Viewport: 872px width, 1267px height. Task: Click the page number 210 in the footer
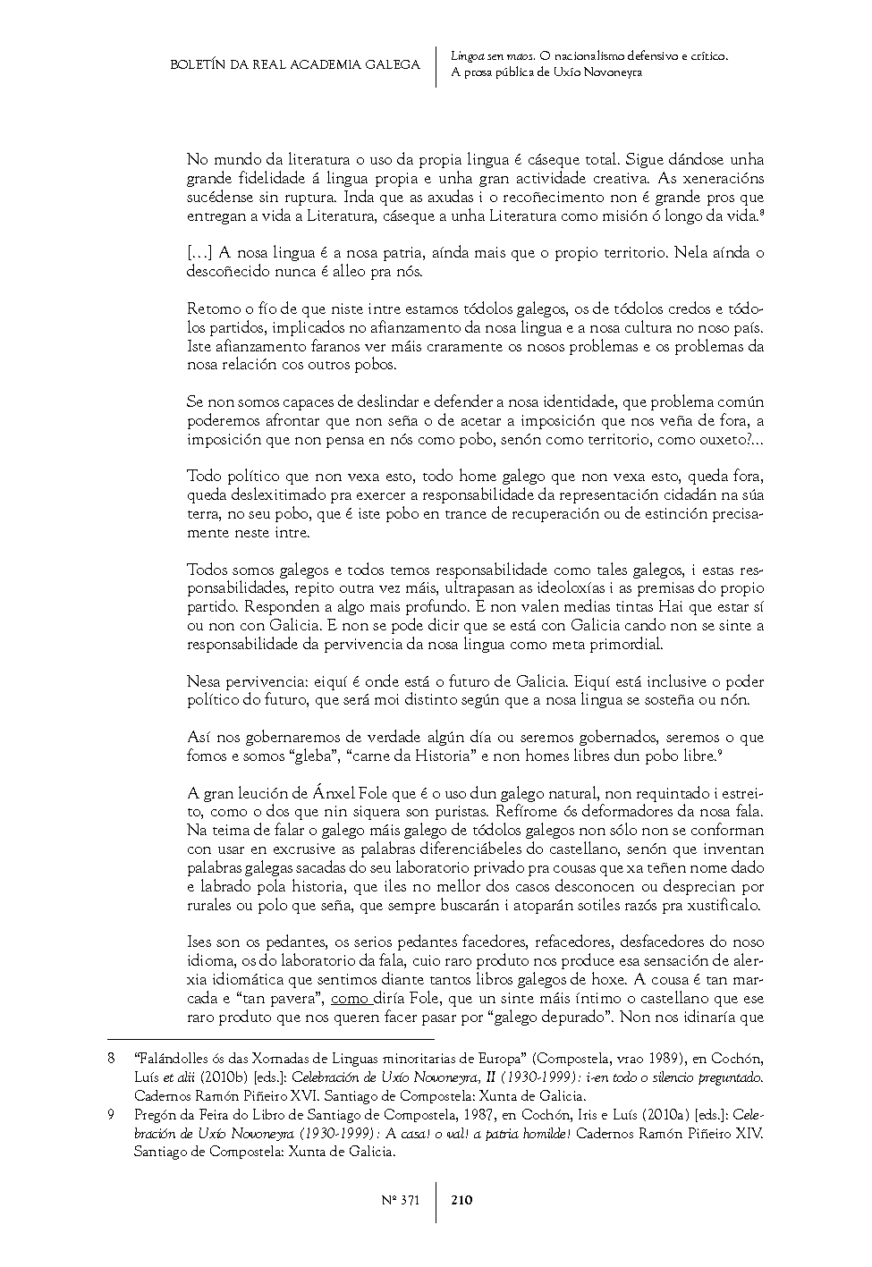tap(461, 1201)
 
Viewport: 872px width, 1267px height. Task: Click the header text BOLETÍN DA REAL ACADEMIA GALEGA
tap(295, 64)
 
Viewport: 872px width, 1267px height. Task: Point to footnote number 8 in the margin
tap(111, 1058)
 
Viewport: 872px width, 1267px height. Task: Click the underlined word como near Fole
tap(350, 998)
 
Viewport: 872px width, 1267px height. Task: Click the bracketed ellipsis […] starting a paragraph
tap(199, 253)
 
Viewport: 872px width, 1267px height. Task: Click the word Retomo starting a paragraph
tap(210, 309)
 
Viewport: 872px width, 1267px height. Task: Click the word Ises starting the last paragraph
tap(200, 942)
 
